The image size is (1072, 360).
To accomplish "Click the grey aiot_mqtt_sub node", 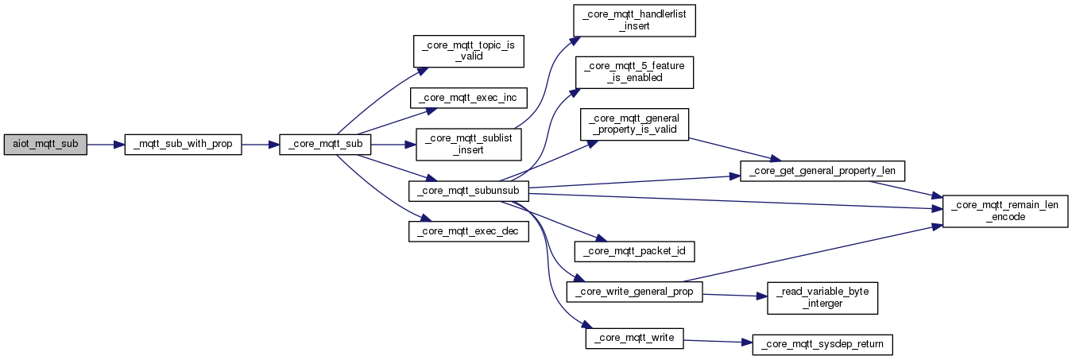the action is (x=45, y=145).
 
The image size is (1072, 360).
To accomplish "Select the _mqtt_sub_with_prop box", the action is (x=183, y=145).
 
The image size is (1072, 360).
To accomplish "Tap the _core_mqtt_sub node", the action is (x=325, y=145).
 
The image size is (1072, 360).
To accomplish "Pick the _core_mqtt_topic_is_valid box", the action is (x=469, y=51).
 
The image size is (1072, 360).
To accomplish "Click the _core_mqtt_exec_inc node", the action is (x=469, y=98).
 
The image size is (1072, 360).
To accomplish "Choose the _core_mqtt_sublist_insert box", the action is (x=469, y=145).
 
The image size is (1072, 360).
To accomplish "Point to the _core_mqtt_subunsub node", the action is (x=469, y=191).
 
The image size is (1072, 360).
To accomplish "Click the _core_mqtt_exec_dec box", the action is (x=469, y=231).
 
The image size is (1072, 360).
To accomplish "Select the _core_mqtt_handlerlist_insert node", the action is (x=634, y=21).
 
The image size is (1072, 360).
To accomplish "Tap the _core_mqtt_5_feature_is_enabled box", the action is (x=634, y=72).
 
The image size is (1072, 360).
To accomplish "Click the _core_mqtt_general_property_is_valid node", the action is (x=634, y=124).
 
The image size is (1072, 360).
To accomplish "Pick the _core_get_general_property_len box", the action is (x=822, y=171).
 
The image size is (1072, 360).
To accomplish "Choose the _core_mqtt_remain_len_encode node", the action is (x=1005, y=211).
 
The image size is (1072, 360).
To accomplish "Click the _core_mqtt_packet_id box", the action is (x=634, y=251).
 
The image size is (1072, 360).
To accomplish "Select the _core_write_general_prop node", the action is (x=634, y=292).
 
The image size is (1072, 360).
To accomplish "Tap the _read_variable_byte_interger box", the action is (x=822, y=298).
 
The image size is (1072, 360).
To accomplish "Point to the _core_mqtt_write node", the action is (x=634, y=339).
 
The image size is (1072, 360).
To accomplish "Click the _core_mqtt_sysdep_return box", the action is (x=822, y=345).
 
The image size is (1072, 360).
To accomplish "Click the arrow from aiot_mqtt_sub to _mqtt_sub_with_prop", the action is (x=106, y=145).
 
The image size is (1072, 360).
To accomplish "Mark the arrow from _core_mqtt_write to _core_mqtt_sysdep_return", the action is (x=718, y=342).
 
